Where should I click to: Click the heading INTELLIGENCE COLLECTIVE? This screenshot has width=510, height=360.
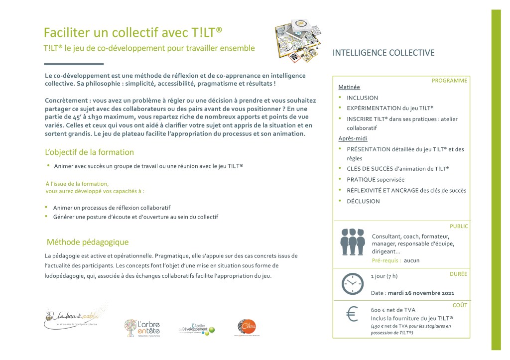[x=383, y=53]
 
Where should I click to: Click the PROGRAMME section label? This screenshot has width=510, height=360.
[x=449, y=80]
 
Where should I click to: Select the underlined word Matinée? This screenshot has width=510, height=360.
[x=349, y=87]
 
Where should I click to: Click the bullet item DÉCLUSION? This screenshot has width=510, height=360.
[x=363, y=201]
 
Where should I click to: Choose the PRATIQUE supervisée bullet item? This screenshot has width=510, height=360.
[x=376, y=179]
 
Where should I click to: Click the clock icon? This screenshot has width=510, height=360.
[x=353, y=284]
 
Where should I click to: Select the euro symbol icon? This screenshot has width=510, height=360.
[x=352, y=314]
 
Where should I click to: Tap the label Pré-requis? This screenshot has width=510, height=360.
[x=386, y=260]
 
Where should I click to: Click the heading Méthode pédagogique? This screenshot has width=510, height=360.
[x=88, y=242]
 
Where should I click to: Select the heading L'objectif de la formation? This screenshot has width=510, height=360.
[x=89, y=152]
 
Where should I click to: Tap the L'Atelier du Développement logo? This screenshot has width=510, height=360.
[x=197, y=329]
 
